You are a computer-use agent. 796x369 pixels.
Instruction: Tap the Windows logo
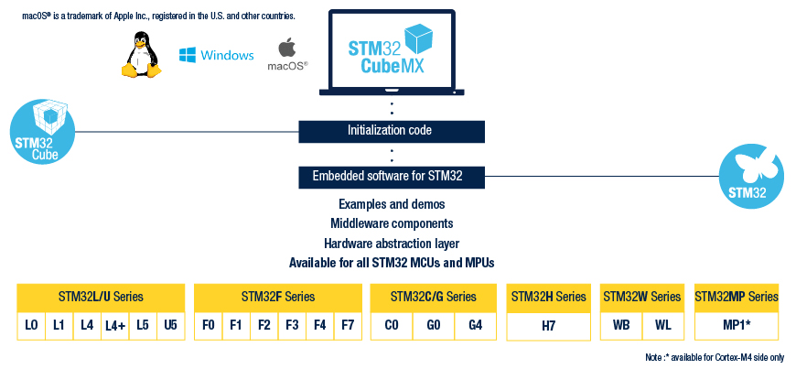(216, 56)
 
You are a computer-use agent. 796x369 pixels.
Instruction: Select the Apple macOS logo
(286, 53)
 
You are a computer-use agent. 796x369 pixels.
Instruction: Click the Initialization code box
(390, 130)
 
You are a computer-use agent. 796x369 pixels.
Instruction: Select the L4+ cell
(114, 326)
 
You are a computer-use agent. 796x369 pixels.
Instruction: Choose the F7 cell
(348, 325)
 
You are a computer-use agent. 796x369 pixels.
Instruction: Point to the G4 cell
(475, 325)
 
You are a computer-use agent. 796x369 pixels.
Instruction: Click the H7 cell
(549, 325)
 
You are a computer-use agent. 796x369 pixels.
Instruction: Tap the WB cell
(621, 325)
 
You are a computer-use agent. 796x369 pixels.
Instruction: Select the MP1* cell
(737, 325)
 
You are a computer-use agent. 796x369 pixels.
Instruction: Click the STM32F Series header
(278, 297)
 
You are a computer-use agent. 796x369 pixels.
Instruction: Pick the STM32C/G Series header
(433, 297)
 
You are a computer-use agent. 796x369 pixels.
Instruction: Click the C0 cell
(392, 325)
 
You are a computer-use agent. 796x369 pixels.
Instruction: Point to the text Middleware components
(392, 223)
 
